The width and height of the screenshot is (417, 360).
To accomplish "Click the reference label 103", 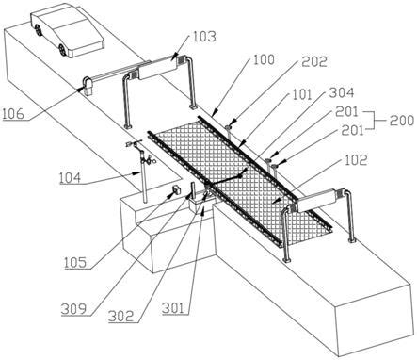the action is click(x=204, y=37).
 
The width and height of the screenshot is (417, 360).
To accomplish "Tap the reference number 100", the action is click(x=263, y=59).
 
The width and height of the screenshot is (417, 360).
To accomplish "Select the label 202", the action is click(x=314, y=61).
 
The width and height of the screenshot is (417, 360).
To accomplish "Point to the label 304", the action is click(x=342, y=92).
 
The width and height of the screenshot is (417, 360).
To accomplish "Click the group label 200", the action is click(x=402, y=120).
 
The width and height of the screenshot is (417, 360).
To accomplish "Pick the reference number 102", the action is click(x=356, y=160).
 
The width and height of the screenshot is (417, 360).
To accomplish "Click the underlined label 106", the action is click(x=13, y=113).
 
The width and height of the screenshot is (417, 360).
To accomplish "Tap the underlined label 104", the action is click(x=70, y=178).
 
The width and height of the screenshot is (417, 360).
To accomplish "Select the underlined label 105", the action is click(x=75, y=262).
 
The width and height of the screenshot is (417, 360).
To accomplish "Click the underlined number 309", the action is click(x=73, y=309).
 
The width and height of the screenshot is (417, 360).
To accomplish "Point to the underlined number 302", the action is click(x=121, y=316).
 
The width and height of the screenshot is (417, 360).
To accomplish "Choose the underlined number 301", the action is click(x=173, y=308).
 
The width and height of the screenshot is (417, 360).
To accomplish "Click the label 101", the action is click(x=301, y=94).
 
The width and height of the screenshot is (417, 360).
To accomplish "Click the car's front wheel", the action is click(x=62, y=50).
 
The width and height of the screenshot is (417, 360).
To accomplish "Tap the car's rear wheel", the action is click(x=39, y=29).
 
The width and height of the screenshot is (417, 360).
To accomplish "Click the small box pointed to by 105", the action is click(x=177, y=190).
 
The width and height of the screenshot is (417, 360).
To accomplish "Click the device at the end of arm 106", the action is click(x=88, y=86).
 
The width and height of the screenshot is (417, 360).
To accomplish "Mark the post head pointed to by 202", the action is click(x=229, y=127).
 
